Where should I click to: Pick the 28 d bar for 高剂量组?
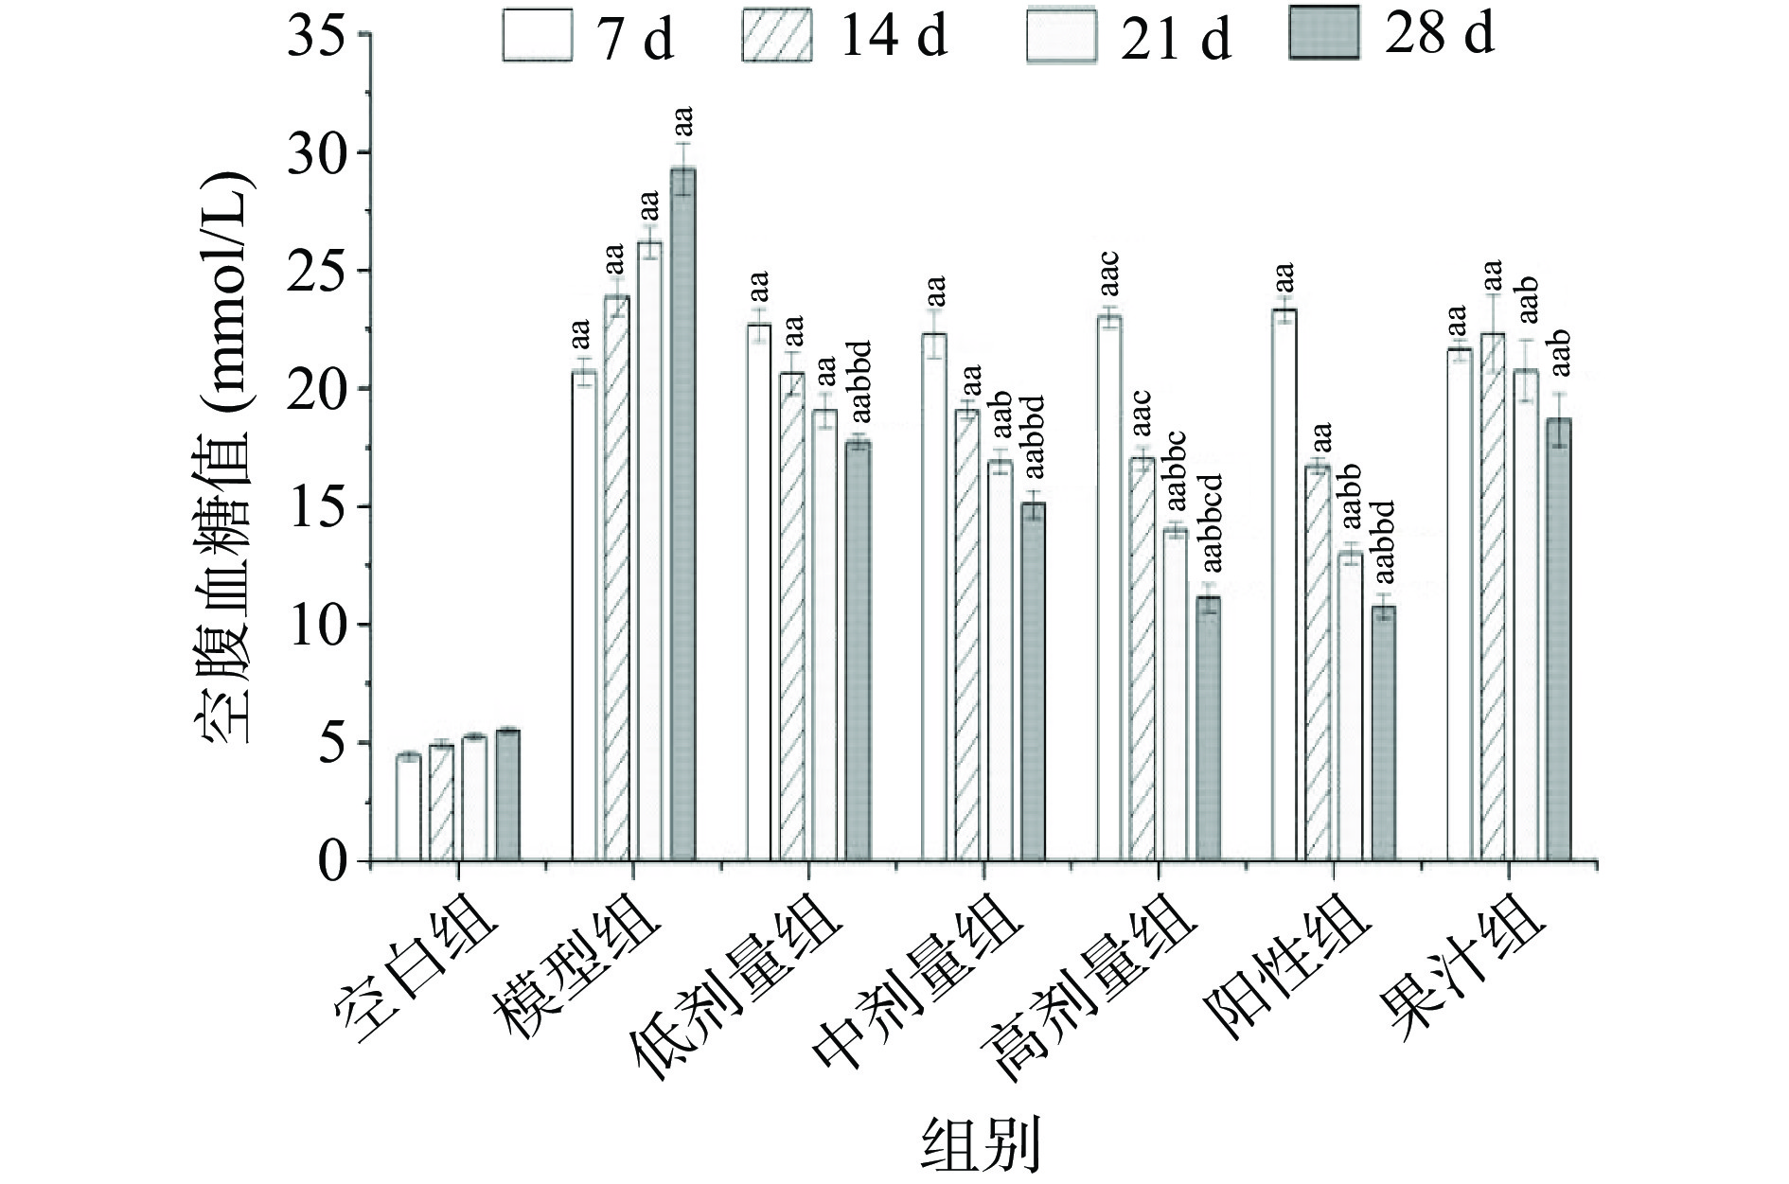(x=1209, y=729)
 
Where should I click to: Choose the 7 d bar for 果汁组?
(x=1460, y=605)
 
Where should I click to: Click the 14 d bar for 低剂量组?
(x=792, y=616)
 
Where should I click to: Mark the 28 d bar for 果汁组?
(x=1559, y=639)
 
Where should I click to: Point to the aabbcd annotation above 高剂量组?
(x=1213, y=524)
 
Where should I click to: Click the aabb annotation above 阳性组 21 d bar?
(x=1351, y=497)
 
